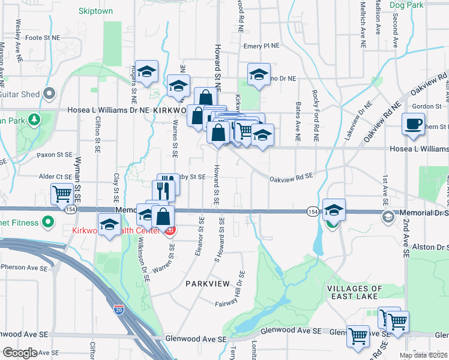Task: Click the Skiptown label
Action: pos(95,11)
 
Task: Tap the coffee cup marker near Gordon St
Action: pos(412,124)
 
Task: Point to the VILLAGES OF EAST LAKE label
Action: pos(352,292)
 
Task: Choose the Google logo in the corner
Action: pos(20,353)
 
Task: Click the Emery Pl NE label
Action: pos(262,46)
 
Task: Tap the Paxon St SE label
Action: pos(55,155)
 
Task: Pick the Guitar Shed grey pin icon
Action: pos(49,94)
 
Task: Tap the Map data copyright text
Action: pos(424,355)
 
